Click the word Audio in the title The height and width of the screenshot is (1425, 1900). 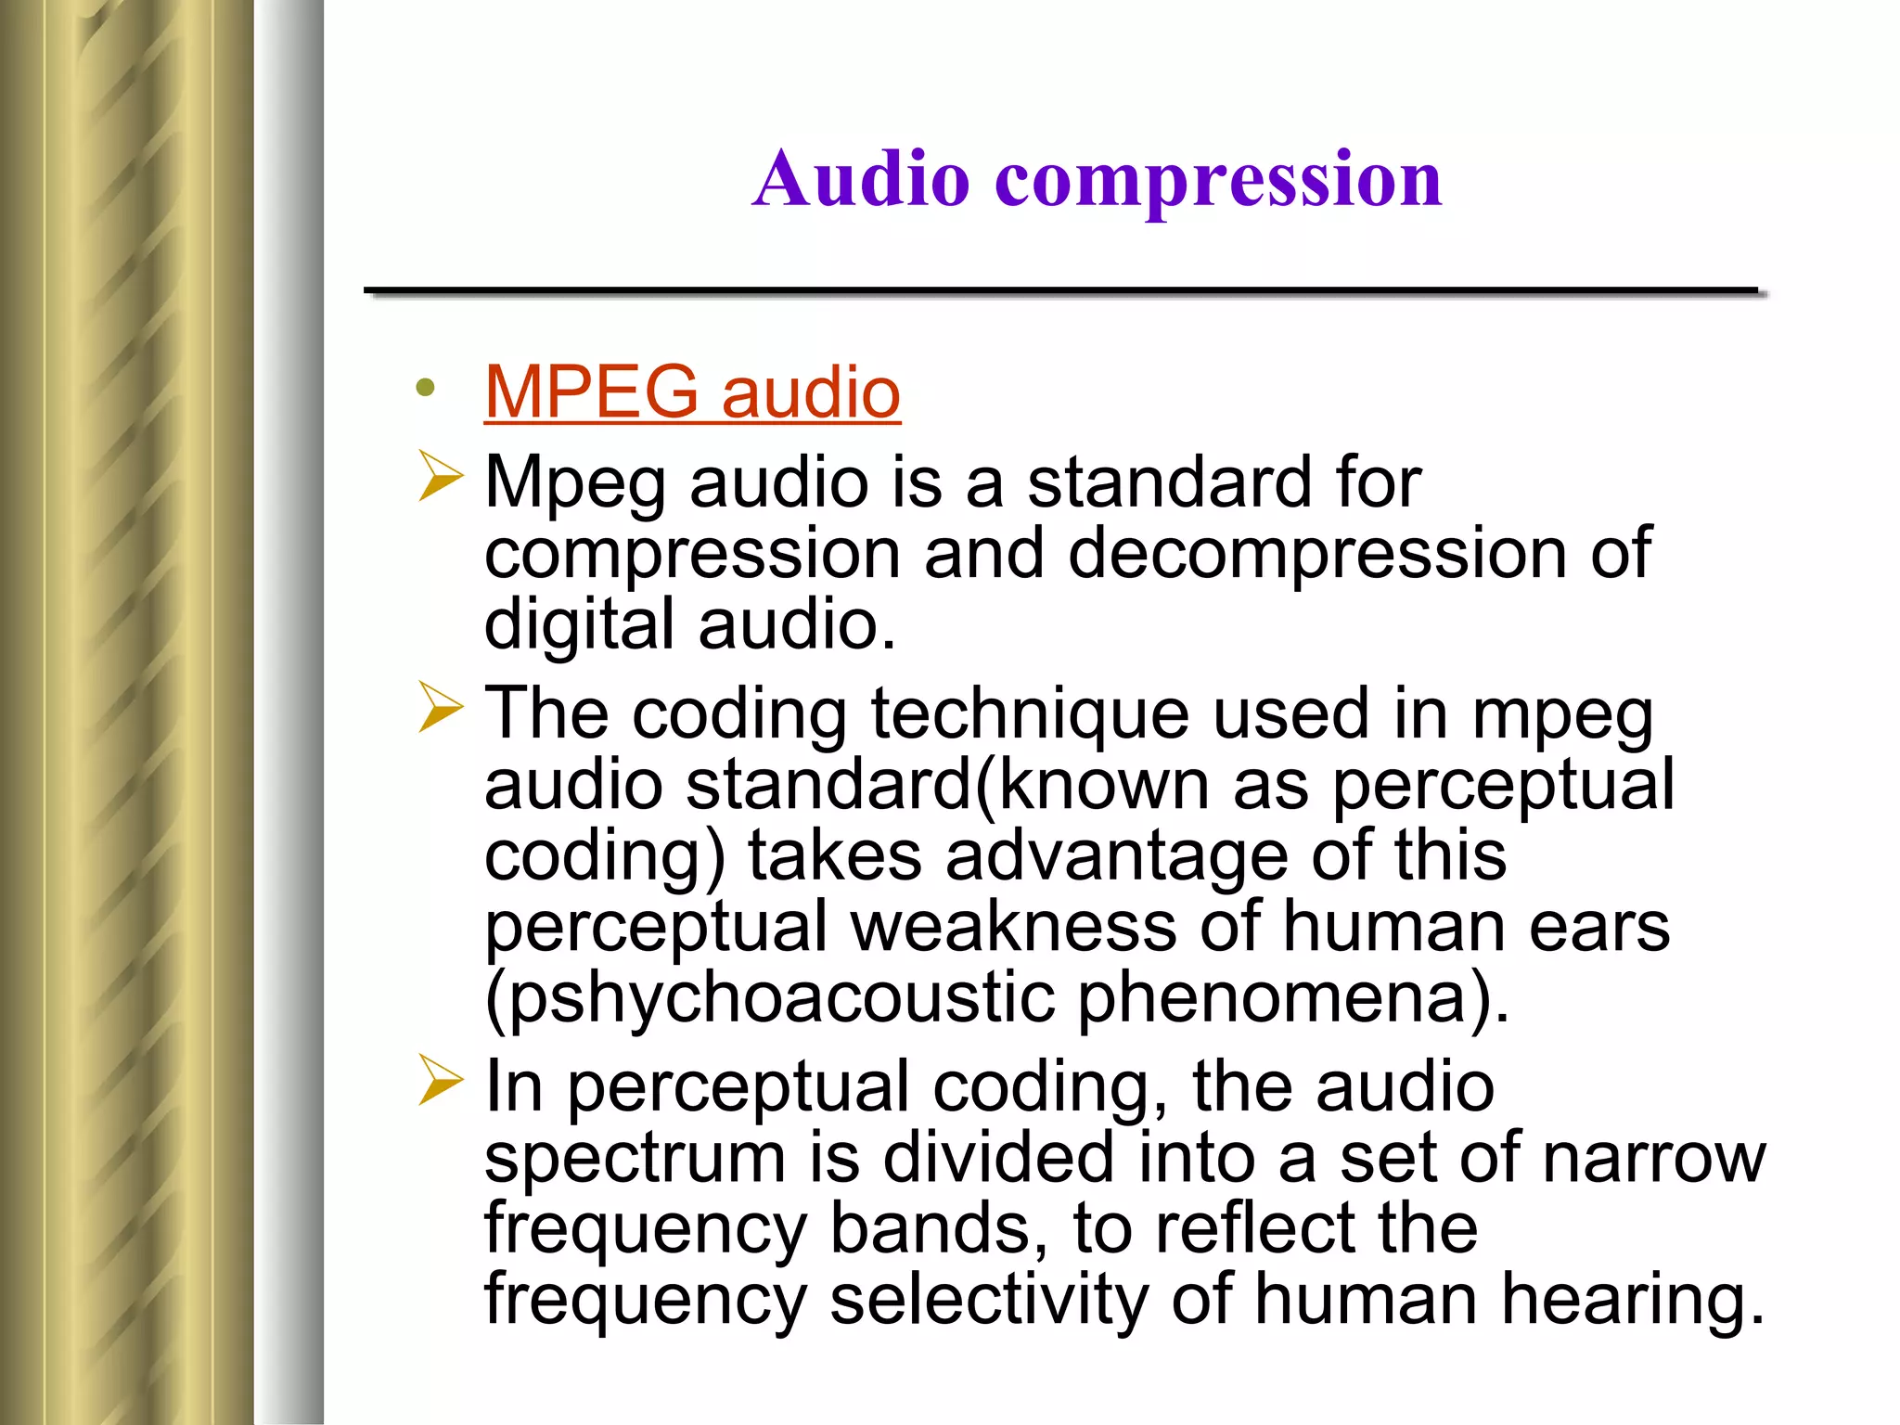coord(861,178)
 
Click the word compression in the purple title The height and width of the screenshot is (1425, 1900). coord(1218,182)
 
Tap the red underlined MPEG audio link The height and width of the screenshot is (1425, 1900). coord(692,392)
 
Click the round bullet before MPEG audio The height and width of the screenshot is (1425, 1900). coord(426,388)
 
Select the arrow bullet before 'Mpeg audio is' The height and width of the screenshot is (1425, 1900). coord(440,476)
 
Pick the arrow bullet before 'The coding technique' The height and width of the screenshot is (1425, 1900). coord(440,707)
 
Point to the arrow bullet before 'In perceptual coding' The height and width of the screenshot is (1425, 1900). coord(440,1080)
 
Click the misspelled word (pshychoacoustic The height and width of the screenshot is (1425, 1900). coord(769,999)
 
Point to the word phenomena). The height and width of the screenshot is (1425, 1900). coord(1294,999)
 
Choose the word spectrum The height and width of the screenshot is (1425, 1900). coord(635,1160)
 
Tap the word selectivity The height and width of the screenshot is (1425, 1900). coord(989,1301)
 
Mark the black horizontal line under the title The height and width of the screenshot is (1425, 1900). coord(1060,291)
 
